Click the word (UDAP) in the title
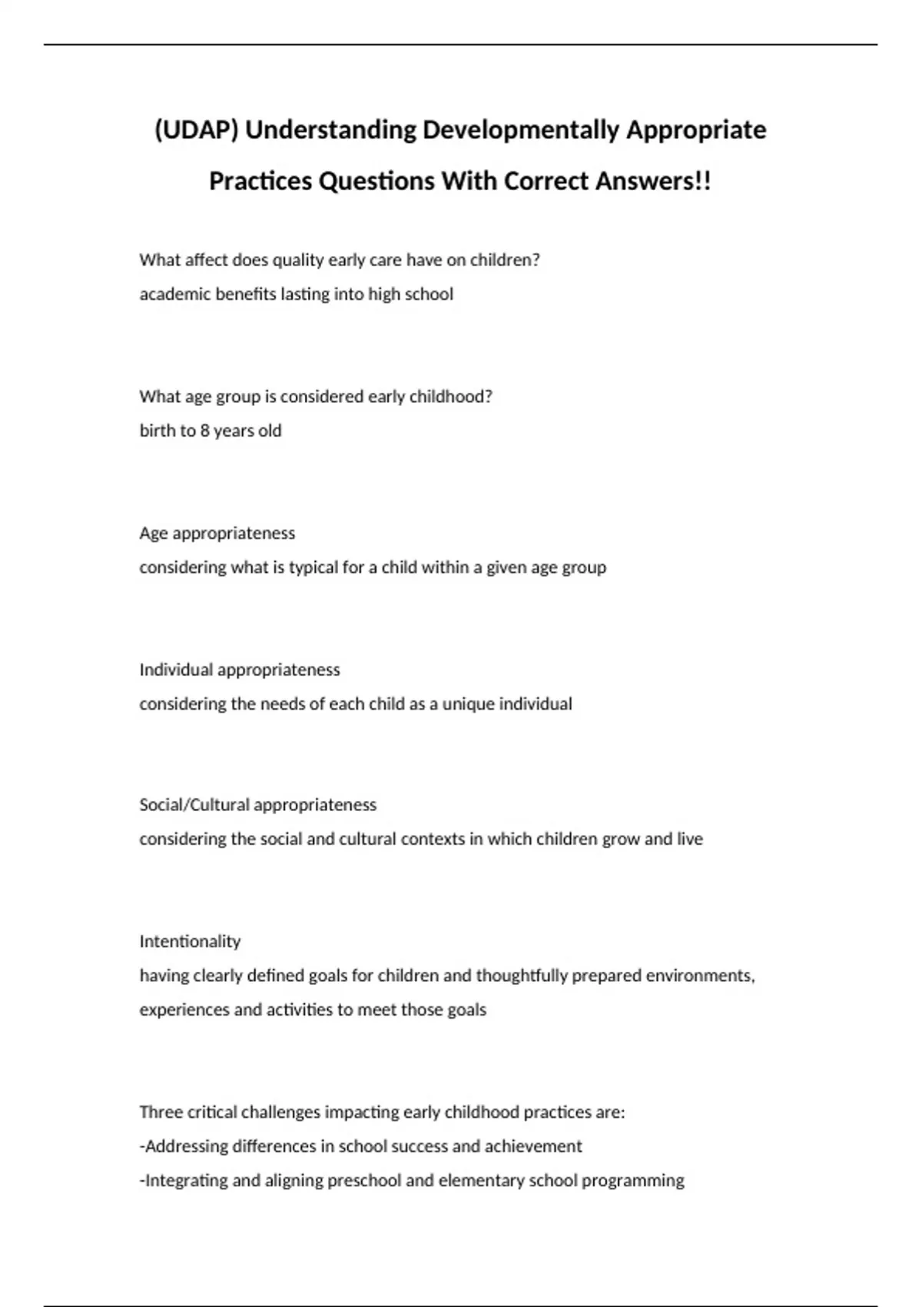coord(197,130)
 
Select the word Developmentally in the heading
coord(520,130)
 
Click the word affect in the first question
coord(207,260)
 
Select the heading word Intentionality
coord(190,942)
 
